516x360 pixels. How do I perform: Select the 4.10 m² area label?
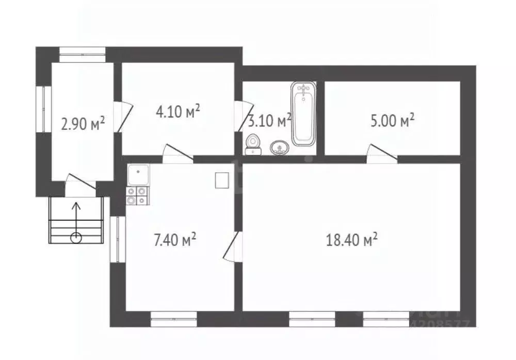click(x=177, y=111)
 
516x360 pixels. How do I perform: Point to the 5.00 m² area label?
click(x=392, y=121)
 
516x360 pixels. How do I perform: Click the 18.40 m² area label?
click(x=352, y=239)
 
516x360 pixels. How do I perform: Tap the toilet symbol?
click(x=253, y=144)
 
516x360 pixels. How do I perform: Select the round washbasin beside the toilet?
click(x=279, y=149)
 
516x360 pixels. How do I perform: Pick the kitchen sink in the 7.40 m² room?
click(x=138, y=175)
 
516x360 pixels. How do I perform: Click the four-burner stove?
click(x=137, y=195)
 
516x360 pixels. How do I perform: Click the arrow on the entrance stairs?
click(x=76, y=217)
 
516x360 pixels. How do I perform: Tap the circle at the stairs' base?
click(x=76, y=238)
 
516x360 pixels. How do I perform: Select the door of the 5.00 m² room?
click(x=381, y=154)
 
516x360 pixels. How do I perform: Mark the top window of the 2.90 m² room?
click(x=82, y=51)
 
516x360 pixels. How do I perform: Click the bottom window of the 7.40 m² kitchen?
click(x=174, y=319)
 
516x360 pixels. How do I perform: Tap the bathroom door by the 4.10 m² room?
click(x=240, y=117)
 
